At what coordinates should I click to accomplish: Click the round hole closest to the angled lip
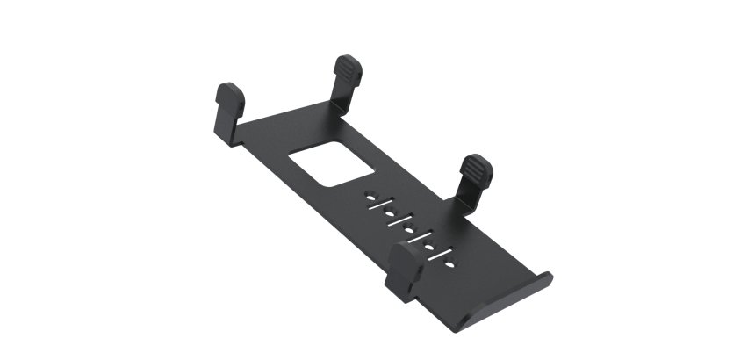[x=449, y=263]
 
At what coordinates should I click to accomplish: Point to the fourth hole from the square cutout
[x=429, y=247]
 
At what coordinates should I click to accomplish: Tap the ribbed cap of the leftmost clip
[x=230, y=94]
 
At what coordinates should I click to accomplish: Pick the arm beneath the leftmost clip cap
[x=226, y=127]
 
